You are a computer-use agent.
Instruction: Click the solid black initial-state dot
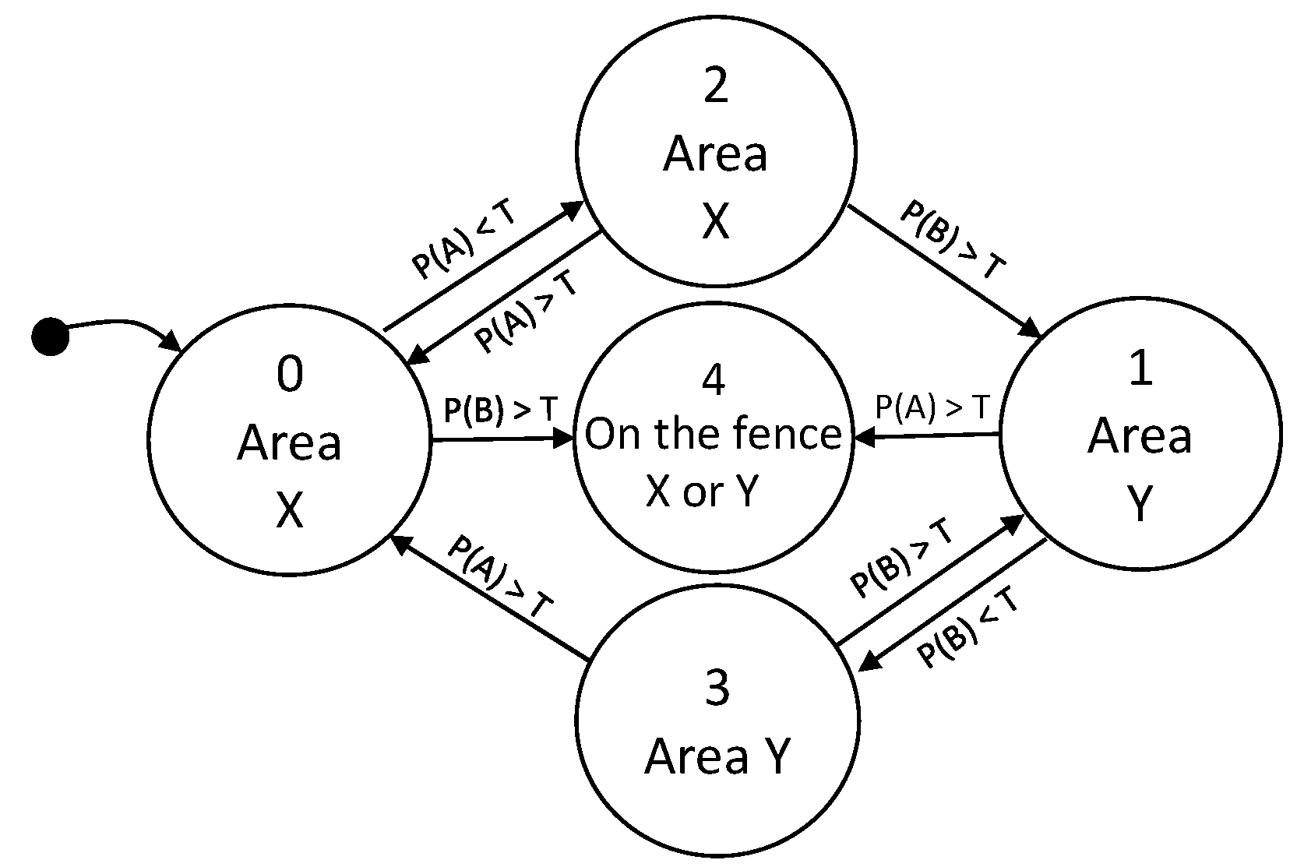(x=50, y=337)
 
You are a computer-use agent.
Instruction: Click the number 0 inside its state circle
(x=290, y=375)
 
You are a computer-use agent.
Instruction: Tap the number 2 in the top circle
(x=715, y=86)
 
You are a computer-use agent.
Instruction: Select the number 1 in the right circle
(x=1140, y=368)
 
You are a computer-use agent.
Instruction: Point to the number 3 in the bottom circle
(x=716, y=689)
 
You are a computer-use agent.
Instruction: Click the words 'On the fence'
(x=714, y=434)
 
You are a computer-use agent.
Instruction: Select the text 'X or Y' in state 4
(x=702, y=492)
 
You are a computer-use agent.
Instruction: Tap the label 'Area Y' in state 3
(x=717, y=755)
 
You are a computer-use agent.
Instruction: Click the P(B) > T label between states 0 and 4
(x=501, y=410)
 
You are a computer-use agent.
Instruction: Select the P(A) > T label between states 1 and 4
(x=932, y=407)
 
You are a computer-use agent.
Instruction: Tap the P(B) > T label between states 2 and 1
(x=952, y=241)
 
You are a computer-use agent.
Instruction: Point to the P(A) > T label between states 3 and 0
(x=501, y=577)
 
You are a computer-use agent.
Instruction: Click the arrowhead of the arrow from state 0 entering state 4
(x=566, y=439)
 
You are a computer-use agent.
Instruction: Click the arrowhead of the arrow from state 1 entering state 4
(x=863, y=439)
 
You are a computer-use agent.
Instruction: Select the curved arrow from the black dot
(x=117, y=322)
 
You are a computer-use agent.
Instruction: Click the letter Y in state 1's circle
(x=1140, y=504)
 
